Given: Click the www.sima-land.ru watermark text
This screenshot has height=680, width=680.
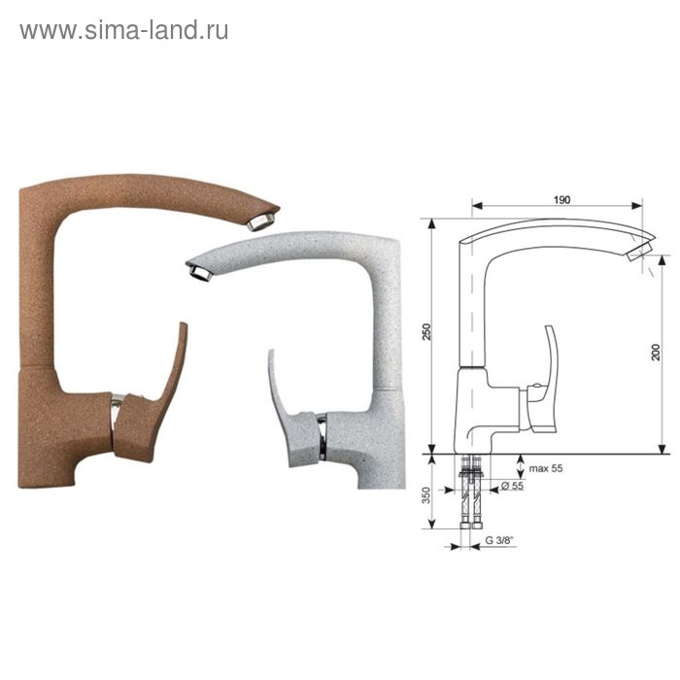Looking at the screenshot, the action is (124, 30).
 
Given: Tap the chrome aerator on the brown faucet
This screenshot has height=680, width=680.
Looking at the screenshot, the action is (262, 221).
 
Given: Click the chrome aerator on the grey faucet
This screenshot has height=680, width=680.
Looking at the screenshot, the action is (201, 272).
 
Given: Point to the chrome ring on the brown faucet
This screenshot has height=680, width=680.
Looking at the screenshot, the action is (117, 411).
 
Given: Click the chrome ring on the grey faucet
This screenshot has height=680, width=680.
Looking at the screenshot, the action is (322, 436).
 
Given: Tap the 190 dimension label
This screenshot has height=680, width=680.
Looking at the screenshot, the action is (561, 200).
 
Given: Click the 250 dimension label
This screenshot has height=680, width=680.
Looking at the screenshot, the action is (427, 331).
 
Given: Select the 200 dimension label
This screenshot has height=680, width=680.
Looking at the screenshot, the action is (656, 352).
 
